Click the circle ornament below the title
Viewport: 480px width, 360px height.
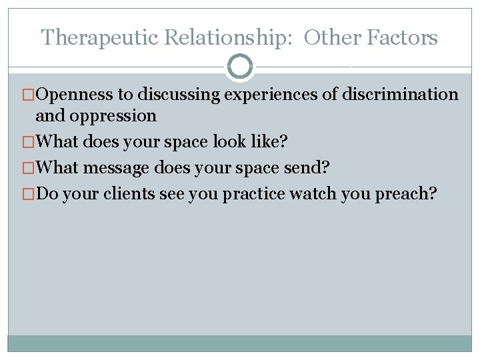pyautogui.click(x=240, y=66)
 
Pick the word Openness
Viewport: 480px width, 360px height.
pyautogui.click(x=75, y=95)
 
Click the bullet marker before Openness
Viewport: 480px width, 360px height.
pyautogui.click(x=29, y=95)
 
